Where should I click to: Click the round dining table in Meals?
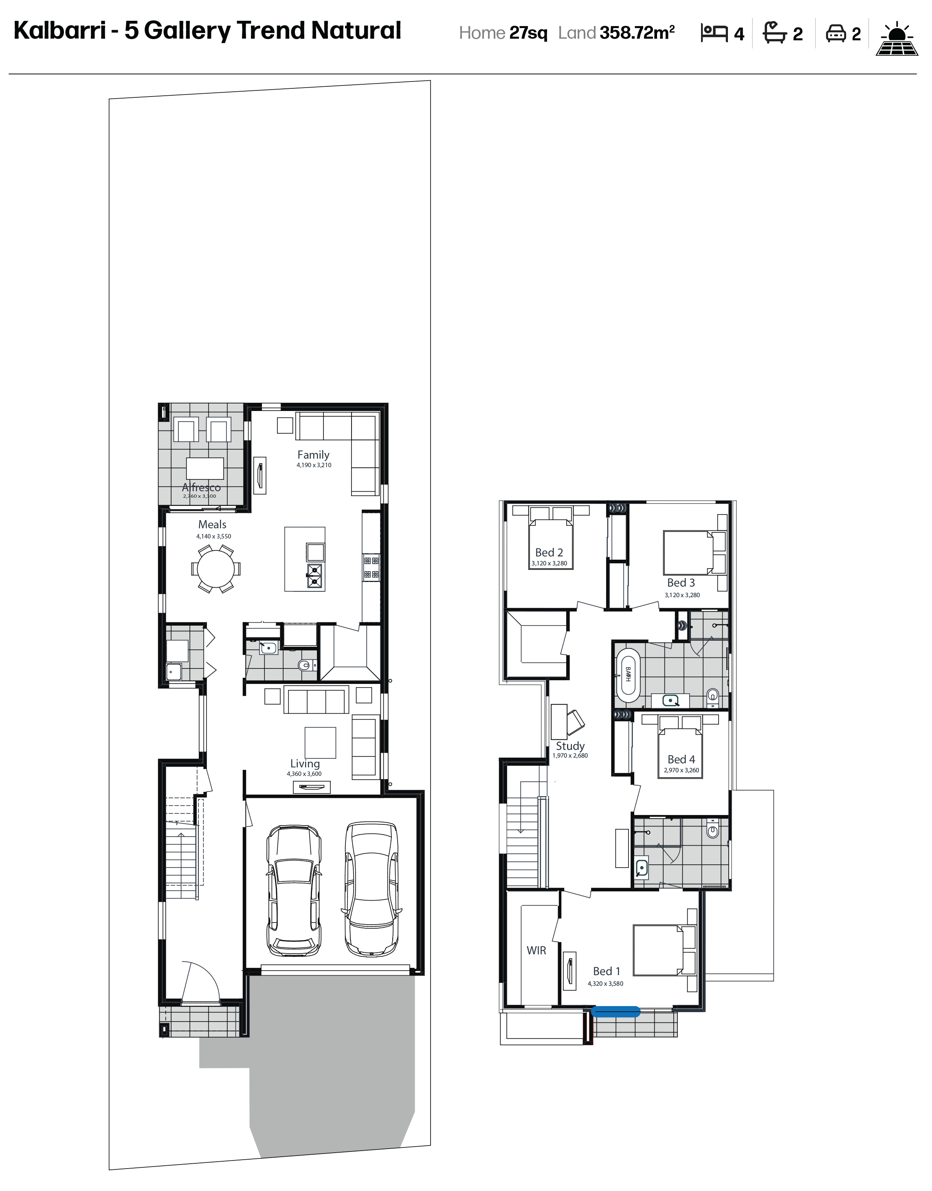coord(215,569)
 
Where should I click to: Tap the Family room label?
coord(313,455)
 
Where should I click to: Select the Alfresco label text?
coord(201,487)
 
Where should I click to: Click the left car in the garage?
coord(294,890)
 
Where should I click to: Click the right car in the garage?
coord(371,889)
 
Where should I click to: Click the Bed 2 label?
coord(549,552)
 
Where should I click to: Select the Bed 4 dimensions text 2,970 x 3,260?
coord(681,770)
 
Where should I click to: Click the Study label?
coord(570,746)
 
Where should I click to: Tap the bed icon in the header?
coord(714,34)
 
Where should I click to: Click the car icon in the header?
coord(835,33)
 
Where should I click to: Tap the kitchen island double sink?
coord(314,577)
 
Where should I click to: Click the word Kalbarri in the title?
coord(59,31)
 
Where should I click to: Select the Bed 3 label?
coord(681,583)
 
